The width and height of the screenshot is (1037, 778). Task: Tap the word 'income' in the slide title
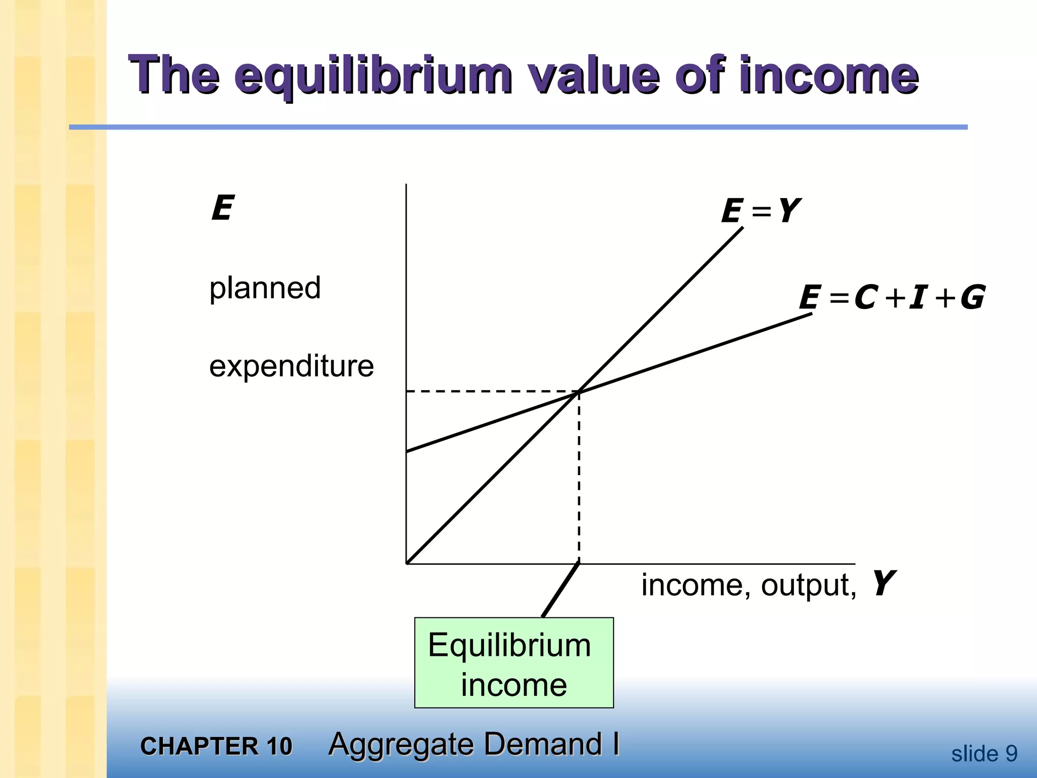click(x=828, y=76)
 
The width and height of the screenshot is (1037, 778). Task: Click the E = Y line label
click(x=760, y=211)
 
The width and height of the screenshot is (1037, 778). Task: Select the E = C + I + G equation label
click(x=891, y=297)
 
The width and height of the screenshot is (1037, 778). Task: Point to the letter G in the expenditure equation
click(x=972, y=297)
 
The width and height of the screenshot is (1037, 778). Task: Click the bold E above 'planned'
click(x=222, y=208)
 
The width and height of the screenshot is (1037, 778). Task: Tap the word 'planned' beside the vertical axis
click(x=265, y=288)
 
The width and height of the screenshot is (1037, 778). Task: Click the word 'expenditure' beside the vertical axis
click(x=291, y=366)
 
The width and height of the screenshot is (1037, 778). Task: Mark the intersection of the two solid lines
click(x=579, y=392)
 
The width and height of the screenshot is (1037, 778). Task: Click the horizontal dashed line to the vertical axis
click(x=491, y=392)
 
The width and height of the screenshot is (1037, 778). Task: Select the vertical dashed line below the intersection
click(x=579, y=476)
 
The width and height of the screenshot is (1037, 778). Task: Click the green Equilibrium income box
click(x=513, y=663)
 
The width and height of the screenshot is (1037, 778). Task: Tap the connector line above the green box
click(x=561, y=590)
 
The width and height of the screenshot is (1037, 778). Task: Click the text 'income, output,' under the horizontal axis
click(x=748, y=585)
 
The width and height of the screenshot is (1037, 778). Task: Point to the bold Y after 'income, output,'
click(x=882, y=583)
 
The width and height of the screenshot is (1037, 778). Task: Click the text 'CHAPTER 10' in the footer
click(x=216, y=746)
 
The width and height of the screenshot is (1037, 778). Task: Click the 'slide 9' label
click(x=984, y=754)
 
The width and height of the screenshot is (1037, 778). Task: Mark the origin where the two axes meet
click(x=407, y=563)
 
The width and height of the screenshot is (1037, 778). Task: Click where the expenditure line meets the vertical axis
click(x=407, y=451)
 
